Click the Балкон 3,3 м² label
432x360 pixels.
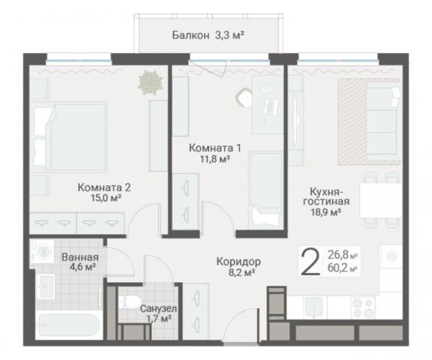[208, 35]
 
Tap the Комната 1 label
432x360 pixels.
[215, 148]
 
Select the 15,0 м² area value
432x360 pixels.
[106, 198]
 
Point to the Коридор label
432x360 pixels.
[238, 262]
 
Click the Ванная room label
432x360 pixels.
[80, 257]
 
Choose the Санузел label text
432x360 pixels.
[158, 309]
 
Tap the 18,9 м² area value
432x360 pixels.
[326, 212]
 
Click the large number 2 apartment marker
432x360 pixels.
[310, 262]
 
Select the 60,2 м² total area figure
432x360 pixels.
[343, 268]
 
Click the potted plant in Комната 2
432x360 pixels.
[151, 82]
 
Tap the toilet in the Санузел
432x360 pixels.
[130, 302]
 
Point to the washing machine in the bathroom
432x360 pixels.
[43, 251]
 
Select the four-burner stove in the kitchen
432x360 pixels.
[362, 307]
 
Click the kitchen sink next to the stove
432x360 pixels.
[313, 307]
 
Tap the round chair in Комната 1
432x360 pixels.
[244, 97]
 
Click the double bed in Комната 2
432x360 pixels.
[68, 137]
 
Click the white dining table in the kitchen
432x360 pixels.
[381, 200]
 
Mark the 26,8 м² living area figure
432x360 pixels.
[343, 255]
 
